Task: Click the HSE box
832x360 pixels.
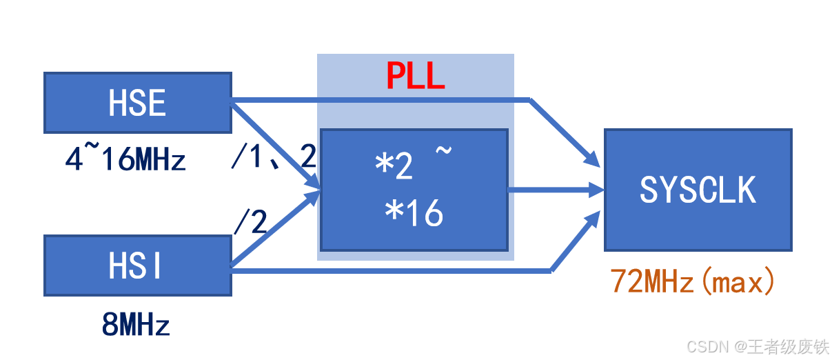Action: click(137, 103)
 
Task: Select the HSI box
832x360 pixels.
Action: click(137, 266)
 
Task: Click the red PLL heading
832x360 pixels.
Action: click(415, 75)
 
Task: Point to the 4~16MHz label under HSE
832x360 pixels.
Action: click(125, 161)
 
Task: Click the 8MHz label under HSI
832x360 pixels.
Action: click(136, 325)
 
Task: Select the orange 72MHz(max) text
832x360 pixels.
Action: click(693, 282)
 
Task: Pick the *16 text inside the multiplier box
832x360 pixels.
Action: click(414, 214)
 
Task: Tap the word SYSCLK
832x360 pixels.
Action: click(698, 190)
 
